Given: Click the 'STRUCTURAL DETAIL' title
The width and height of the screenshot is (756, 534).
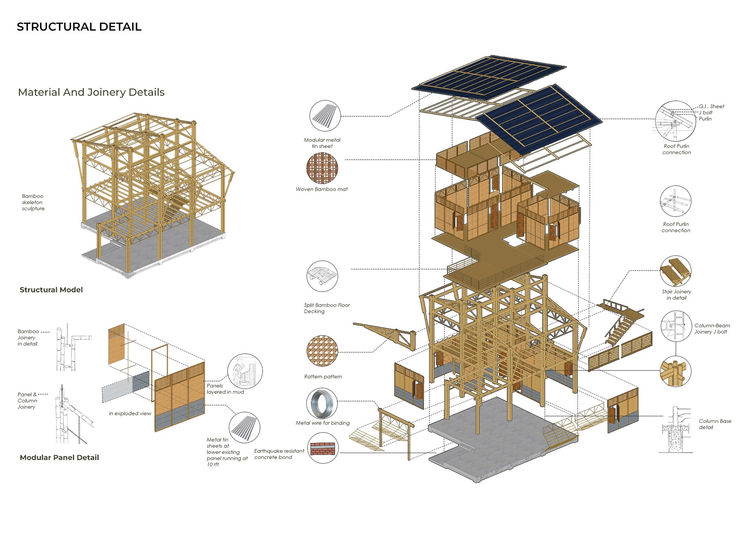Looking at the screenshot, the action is [x=79, y=27].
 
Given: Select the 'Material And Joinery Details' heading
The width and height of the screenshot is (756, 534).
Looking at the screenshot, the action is [x=91, y=92].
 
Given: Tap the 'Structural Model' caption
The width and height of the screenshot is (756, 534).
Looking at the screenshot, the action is [x=51, y=290].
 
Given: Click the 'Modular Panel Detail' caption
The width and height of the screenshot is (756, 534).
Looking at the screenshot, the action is [x=59, y=457].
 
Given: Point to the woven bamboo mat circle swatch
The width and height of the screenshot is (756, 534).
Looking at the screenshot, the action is [x=322, y=168].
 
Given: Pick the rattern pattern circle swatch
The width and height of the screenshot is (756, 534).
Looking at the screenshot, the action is [x=322, y=351].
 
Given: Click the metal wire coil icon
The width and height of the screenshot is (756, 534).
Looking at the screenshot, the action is [x=322, y=403].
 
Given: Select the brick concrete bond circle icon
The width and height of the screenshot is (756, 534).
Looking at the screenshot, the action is [x=323, y=448].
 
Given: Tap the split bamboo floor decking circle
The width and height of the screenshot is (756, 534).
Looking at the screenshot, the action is [x=322, y=276].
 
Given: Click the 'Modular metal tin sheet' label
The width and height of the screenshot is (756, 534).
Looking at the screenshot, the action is [x=322, y=143].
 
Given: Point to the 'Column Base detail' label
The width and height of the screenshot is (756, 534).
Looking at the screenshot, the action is [x=715, y=424].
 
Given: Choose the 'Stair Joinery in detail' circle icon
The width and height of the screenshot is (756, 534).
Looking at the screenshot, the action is [x=675, y=271].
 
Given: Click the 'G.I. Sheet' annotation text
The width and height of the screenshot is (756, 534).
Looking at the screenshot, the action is [x=711, y=106].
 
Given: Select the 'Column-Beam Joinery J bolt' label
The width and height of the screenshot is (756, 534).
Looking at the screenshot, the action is [x=712, y=329].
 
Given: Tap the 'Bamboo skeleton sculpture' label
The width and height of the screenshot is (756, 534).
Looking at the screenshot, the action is [x=33, y=202].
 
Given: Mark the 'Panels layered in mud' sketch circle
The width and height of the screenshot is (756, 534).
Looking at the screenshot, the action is [x=245, y=371].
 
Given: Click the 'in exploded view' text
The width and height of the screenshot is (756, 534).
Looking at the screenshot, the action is [x=130, y=414].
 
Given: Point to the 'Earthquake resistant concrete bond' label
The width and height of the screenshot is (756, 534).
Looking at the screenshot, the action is [x=279, y=454].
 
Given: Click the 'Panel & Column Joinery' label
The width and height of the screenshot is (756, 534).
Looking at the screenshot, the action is [x=27, y=401].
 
